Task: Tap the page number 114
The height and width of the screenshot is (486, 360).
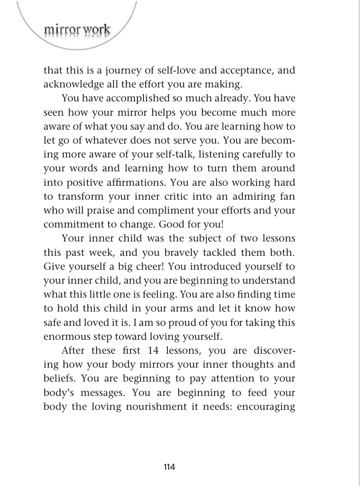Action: (169, 467)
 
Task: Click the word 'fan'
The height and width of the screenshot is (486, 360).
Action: (287, 196)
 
